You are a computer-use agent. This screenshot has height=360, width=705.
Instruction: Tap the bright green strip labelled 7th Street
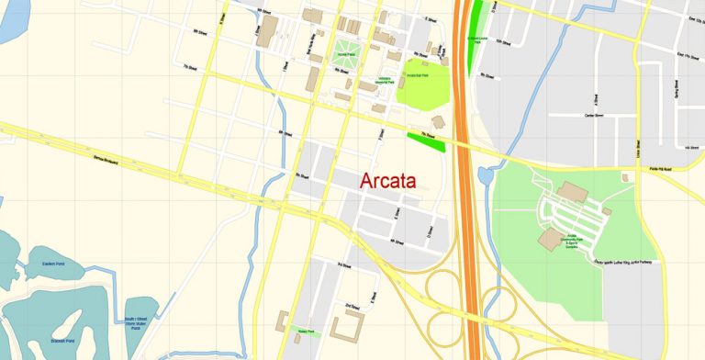[x=426, y=140]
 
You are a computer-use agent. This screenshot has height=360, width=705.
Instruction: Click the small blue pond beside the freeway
[x=485, y=174]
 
